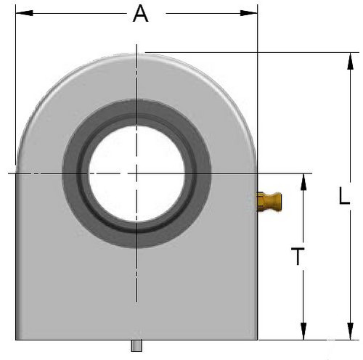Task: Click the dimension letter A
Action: pos(141,14)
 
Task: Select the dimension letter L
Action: pos(344,195)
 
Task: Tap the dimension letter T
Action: pos(298,256)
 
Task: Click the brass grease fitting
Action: pos(269,202)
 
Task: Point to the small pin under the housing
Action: pos(136,345)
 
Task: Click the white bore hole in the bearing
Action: pos(136,173)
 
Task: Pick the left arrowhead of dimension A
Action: pos(24,13)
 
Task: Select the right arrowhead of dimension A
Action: pos(249,13)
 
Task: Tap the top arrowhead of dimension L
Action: pos(350,61)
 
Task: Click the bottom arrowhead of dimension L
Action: pos(350,331)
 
